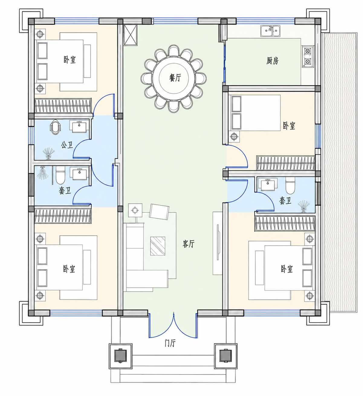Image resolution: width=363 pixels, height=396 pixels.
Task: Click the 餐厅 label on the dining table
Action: [x=175, y=77]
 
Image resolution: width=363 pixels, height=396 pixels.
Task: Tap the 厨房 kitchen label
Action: [x=272, y=61]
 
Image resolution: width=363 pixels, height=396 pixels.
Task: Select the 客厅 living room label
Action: [x=188, y=244]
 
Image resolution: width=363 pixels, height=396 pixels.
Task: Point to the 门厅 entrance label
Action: [x=170, y=343]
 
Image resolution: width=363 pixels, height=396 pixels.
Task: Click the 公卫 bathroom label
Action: [x=67, y=145]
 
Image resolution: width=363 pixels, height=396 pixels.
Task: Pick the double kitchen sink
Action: [x=271, y=31]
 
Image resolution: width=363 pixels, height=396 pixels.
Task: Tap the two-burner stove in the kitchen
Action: [x=307, y=56]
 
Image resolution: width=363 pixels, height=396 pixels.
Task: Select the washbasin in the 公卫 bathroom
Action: [x=79, y=126]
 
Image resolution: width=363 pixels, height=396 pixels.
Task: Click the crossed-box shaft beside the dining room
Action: [x=130, y=35]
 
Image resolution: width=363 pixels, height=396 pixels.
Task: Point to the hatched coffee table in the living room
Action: [x=158, y=246]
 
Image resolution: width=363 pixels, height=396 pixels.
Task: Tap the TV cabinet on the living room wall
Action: [x=218, y=243]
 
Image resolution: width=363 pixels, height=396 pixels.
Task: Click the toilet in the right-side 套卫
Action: [x=290, y=185]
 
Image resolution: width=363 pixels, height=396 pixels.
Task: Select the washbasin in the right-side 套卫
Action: [x=268, y=184]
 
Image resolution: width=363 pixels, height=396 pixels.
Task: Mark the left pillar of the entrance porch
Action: [x=121, y=355]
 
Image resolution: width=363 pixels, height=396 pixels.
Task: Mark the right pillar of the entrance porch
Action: [x=226, y=355]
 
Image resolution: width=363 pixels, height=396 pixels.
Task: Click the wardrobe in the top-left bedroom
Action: [x=63, y=106]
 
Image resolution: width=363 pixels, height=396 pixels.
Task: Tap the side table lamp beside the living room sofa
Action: [x=135, y=211]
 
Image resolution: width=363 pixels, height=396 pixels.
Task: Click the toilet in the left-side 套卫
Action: [x=60, y=175]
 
